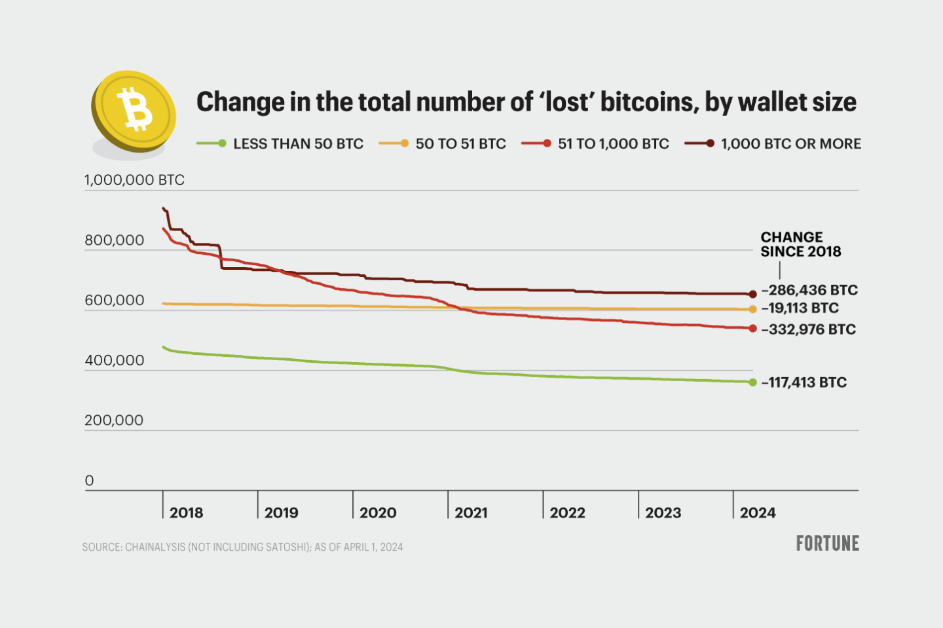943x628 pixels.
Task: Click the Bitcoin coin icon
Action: [134, 111]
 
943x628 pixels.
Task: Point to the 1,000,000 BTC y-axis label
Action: [134, 180]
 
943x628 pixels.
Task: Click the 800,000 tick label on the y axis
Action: [114, 240]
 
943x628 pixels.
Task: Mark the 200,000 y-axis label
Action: [114, 420]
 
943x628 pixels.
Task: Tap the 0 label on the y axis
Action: [90, 481]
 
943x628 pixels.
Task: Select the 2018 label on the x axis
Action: [186, 513]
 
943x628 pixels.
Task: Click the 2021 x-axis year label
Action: [471, 513]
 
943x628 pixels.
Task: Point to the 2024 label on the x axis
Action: [758, 513]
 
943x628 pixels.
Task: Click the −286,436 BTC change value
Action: [809, 290]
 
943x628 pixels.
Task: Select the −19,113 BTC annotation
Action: [800, 308]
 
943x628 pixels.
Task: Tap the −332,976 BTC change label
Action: [809, 329]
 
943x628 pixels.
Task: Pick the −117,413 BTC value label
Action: [804, 382]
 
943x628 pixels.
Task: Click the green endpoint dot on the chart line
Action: [753, 382]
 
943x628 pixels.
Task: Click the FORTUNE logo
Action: [827, 544]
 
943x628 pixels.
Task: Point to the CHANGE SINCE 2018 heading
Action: [800, 244]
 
